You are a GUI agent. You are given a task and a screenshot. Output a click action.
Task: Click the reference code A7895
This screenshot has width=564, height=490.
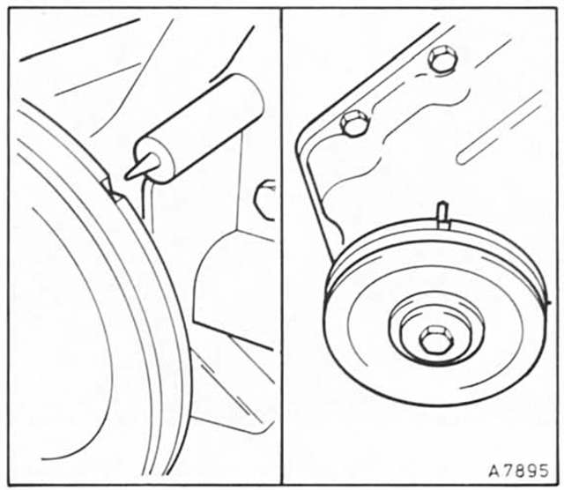click(518, 471)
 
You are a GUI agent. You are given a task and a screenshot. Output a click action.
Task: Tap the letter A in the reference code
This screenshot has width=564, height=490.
click(494, 471)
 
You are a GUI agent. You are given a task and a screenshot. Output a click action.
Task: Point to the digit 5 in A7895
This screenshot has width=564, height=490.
click(543, 471)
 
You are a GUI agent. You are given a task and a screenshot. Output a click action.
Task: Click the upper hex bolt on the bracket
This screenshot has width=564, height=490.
click(442, 59)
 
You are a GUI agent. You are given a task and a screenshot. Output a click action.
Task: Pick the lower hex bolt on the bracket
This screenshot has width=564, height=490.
click(354, 123)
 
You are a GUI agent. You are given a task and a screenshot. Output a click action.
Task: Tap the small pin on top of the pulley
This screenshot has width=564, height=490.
click(443, 215)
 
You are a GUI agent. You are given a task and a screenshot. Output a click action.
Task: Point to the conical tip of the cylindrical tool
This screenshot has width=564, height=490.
click(142, 167)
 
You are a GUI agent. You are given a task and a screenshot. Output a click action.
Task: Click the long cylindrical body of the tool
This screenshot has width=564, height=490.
click(199, 128)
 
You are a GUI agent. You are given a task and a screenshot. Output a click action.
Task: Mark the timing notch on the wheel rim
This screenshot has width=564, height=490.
click(113, 189)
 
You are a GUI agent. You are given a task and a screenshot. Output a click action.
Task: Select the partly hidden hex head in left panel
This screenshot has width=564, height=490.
click(264, 200)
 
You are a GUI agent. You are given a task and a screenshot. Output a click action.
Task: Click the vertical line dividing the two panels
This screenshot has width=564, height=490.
click(281, 246)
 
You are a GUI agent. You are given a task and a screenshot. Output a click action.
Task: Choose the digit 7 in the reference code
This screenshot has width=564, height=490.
click(507, 471)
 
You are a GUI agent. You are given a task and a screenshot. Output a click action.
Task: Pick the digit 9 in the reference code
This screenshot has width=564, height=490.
click(531, 471)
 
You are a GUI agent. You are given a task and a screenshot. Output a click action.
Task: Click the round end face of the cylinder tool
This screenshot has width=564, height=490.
click(155, 160)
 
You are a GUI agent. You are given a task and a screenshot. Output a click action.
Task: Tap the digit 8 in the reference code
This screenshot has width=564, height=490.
click(519, 471)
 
